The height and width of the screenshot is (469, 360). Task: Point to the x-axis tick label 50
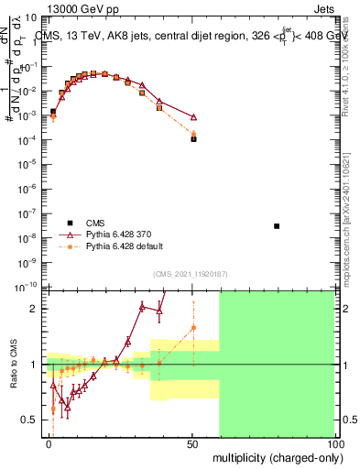pos(191,444)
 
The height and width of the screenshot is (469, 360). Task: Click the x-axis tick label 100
pos(333,444)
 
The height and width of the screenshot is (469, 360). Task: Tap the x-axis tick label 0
pos(49,444)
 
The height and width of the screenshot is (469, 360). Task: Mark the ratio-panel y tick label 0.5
pos(30,420)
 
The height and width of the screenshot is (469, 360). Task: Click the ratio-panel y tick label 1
pos(34,365)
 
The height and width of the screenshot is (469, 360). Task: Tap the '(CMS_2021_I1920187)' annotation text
pos(190,274)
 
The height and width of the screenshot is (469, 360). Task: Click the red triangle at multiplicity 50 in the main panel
pos(193,116)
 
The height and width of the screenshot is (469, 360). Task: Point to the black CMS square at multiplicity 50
pos(193,138)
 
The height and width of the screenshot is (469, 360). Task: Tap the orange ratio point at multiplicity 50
pos(193,327)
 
